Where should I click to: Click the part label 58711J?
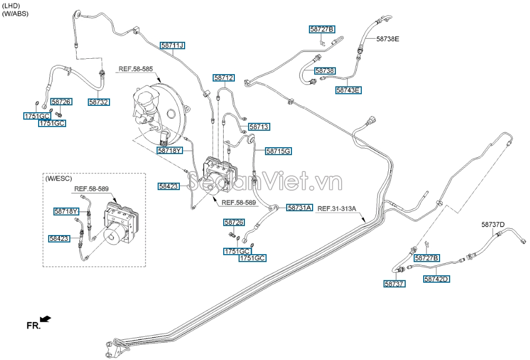pos(173,46)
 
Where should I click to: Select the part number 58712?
pos(224,78)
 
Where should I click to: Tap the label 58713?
pos(259,127)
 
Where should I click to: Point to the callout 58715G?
pos(279,151)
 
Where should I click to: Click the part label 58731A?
pos(300,208)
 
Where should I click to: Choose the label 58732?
pos(99,102)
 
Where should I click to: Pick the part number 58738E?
pos(388,39)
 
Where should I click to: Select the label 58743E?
pos(349,91)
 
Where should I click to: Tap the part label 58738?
pos(325,71)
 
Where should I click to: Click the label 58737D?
pos(493,224)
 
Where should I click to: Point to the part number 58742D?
pos(437,279)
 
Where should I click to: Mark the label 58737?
pos(395,284)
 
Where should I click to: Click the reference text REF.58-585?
pos(135,69)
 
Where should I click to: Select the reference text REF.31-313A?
pos(336,209)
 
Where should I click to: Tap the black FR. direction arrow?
pos(45,319)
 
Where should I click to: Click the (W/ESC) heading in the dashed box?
pos(59,178)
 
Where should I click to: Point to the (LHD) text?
pos(11,6)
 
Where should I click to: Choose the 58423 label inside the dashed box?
pos(59,239)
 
